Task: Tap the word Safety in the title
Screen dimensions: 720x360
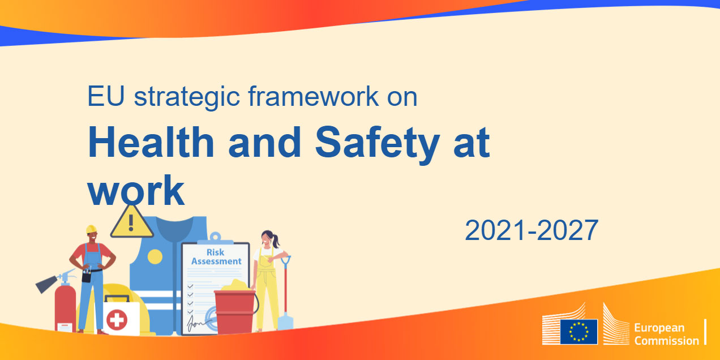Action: pos(378,145)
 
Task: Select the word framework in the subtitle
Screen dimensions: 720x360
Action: pos(314,96)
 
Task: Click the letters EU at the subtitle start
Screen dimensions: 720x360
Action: pos(106,96)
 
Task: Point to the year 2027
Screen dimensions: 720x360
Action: pos(568,230)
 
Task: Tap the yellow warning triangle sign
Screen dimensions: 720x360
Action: pos(131,222)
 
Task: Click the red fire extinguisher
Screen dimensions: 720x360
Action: pos(65,307)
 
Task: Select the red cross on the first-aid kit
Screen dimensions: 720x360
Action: pos(117,320)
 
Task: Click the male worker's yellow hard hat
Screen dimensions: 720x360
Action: pos(91,229)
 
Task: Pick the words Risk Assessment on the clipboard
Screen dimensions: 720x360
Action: pos(216,256)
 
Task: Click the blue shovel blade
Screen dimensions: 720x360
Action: pos(285,322)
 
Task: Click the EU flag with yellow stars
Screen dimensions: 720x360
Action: pos(579,332)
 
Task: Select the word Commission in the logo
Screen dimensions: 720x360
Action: pos(667,341)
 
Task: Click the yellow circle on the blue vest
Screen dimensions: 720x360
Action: pos(155,257)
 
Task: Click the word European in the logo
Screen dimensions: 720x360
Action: pos(659,328)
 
